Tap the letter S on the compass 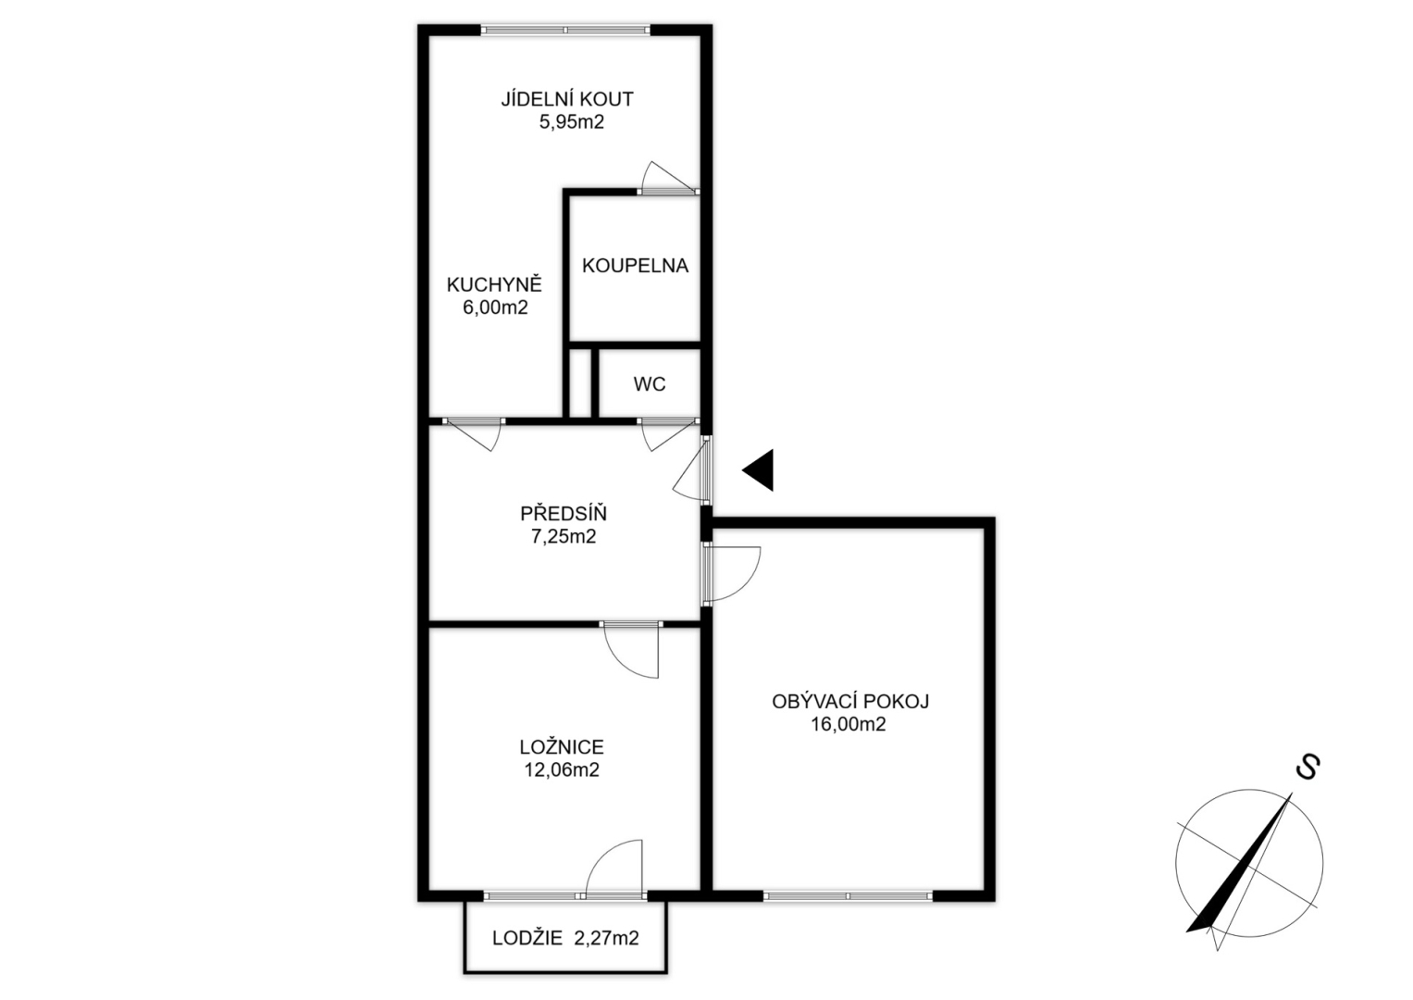tap(1308, 767)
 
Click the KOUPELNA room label tap(635, 266)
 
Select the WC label tap(649, 384)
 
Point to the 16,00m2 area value tap(849, 724)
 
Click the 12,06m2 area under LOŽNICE tap(562, 769)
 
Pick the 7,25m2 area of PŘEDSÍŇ tap(564, 537)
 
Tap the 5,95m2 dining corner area tap(572, 122)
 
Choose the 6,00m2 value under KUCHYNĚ tap(495, 307)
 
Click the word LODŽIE tap(527, 938)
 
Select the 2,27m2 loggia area tap(606, 938)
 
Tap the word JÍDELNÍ tap(536, 99)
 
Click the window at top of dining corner tap(565, 30)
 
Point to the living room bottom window tap(848, 895)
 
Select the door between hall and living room tap(732, 573)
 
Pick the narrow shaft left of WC tap(580, 382)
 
